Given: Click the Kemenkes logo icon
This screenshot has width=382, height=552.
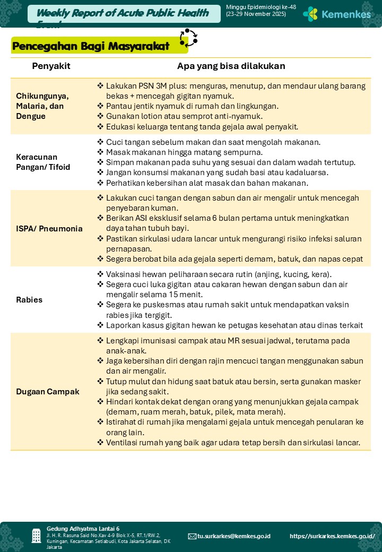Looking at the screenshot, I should coord(310,14).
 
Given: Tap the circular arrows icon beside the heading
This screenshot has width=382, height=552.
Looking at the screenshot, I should coord(188,38).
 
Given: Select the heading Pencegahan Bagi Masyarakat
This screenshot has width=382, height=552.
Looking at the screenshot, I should coord(91,46).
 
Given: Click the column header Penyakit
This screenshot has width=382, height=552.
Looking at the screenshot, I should coord(51,66).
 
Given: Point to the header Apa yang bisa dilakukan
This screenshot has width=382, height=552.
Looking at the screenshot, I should coord(231,66).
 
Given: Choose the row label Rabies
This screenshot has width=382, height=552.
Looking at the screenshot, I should coord(29,299).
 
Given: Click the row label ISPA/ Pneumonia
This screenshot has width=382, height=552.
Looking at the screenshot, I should coord(49,229).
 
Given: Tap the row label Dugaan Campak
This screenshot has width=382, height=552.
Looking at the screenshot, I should coord(48,391).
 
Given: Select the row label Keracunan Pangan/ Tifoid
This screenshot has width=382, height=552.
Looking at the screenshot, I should coord(43,162).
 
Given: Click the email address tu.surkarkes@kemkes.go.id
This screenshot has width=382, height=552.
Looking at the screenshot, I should coord(233,536).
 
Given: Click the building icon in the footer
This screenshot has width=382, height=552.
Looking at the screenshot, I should coord(36,536).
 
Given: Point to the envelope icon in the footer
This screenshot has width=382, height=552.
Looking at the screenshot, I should coord(192,536).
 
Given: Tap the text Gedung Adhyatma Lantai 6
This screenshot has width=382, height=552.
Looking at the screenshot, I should coord(83,529).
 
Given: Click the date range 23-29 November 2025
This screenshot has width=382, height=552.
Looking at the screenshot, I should coord(256,14).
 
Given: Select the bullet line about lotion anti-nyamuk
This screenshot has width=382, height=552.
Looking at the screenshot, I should coord(184,116).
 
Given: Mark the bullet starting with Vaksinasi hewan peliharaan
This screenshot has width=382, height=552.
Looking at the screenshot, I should coord(219,274).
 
